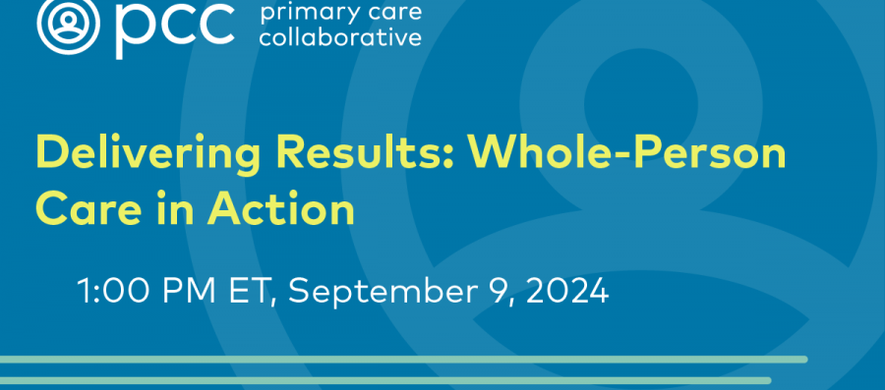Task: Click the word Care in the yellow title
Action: [86, 209]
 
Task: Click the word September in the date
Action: [381, 293]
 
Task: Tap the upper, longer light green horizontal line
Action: [403, 359]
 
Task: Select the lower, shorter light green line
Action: [383, 380]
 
